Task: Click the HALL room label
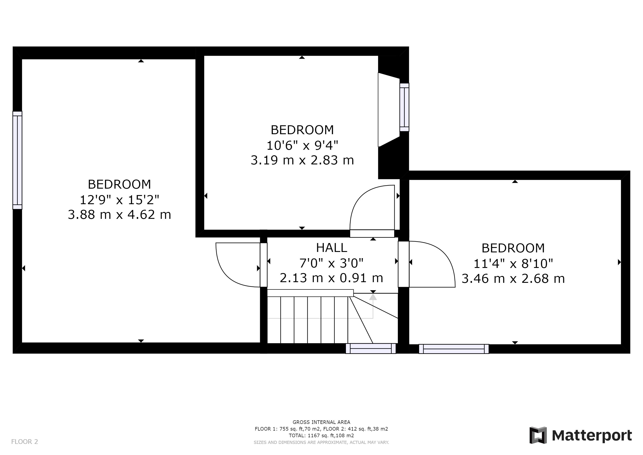331,248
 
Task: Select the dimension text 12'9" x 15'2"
120,200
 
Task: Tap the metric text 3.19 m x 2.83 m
302,160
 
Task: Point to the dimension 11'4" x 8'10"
513,264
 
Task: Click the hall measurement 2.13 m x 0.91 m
331,278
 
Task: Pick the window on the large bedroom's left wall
17,160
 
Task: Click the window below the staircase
371,349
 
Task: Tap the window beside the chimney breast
404,107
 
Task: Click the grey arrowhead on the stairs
373,297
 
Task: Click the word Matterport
592,436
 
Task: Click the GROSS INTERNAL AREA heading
321,422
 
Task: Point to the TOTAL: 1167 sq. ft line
321,435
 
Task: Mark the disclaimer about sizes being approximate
321,442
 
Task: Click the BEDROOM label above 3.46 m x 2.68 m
513,248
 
